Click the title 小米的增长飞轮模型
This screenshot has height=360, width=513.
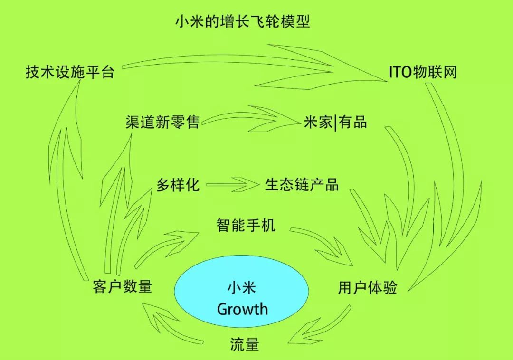tap(242, 21)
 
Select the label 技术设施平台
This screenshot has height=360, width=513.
tap(70, 72)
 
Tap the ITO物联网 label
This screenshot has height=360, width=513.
tap(423, 72)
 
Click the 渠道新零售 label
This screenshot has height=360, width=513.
tap(162, 122)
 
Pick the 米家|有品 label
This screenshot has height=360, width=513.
tap(335, 122)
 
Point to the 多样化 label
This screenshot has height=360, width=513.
tap(178, 185)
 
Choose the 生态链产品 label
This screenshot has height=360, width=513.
tap(302, 184)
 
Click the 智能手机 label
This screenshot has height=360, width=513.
tap(246, 225)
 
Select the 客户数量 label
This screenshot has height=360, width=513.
tap(123, 286)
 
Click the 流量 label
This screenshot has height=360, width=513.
tap(245, 344)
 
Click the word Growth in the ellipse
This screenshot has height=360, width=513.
tap(242, 309)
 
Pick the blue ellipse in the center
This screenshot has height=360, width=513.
tap(241, 291)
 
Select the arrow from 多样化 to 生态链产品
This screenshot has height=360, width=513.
tap(232, 185)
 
